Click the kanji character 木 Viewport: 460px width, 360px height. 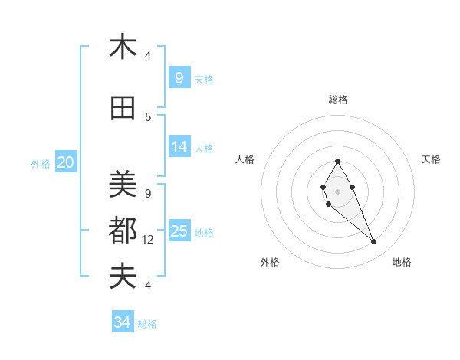pyautogui.click(x=123, y=47)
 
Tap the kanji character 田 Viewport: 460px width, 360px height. pyautogui.click(x=123, y=110)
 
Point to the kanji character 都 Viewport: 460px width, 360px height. pyautogui.click(x=123, y=230)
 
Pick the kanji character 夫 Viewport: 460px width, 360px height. pyautogui.click(x=123, y=276)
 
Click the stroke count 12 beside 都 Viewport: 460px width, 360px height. pyautogui.click(x=149, y=240)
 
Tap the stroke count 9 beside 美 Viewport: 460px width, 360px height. pyautogui.click(x=147, y=193)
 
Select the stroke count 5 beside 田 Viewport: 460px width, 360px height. pyautogui.click(x=147, y=117)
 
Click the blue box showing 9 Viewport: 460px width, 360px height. pyautogui.click(x=179, y=77)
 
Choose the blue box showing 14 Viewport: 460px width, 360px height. pyautogui.click(x=179, y=147)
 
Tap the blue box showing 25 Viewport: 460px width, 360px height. pyautogui.click(x=179, y=231)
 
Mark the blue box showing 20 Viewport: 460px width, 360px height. pyautogui.click(x=66, y=162)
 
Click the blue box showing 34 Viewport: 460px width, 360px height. pyautogui.click(x=122, y=322)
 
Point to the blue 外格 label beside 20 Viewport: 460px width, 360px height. pyautogui.click(x=41, y=163)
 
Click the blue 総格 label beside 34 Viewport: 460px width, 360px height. pyautogui.click(x=147, y=324)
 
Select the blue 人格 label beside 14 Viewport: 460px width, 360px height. pyautogui.click(x=204, y=149)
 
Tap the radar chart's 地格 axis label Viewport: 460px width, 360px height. pyautogui.click(x=402, y=262)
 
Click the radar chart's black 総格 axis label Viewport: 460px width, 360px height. pyautogui.click(x=338, y=100)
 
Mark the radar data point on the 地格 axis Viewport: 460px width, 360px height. pyautogui.click(x=373, y=242)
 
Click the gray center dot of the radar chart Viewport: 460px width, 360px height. pyautogui.click(x=337, y=191)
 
